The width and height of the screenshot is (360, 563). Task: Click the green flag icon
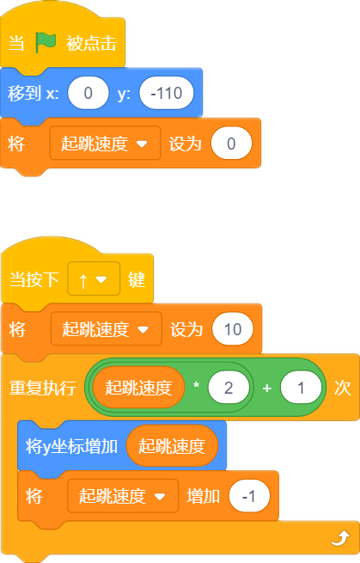point(46,43)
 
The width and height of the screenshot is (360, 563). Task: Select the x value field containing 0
point(88,93)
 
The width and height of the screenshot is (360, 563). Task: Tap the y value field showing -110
point(167,93)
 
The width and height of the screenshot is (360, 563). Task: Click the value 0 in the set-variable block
point(231,144)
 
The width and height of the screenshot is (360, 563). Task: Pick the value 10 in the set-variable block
point(233,329)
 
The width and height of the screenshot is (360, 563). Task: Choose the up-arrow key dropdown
point(94,279)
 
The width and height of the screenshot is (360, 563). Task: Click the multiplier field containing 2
point(229,388)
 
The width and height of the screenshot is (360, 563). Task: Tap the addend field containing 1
point(301,388)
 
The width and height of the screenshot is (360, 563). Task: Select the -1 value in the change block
point(249,496)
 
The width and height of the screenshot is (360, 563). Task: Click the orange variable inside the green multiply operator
point(138,388)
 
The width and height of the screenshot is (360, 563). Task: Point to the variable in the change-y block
point(172,446)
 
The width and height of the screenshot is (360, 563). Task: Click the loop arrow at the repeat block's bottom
point(340,538)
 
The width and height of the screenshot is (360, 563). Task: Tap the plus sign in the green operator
point(266,388)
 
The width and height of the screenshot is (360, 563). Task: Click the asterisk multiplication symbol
point(197,385)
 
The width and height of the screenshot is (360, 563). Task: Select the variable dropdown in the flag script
point(105,144)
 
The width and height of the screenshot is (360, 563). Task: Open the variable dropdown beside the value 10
point(107,329)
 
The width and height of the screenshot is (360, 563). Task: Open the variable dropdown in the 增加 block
point(123,496)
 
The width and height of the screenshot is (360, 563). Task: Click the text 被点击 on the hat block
point(92,44)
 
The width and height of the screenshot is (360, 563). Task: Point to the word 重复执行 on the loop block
point(42,388)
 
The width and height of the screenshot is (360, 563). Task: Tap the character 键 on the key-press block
point(137,279)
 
